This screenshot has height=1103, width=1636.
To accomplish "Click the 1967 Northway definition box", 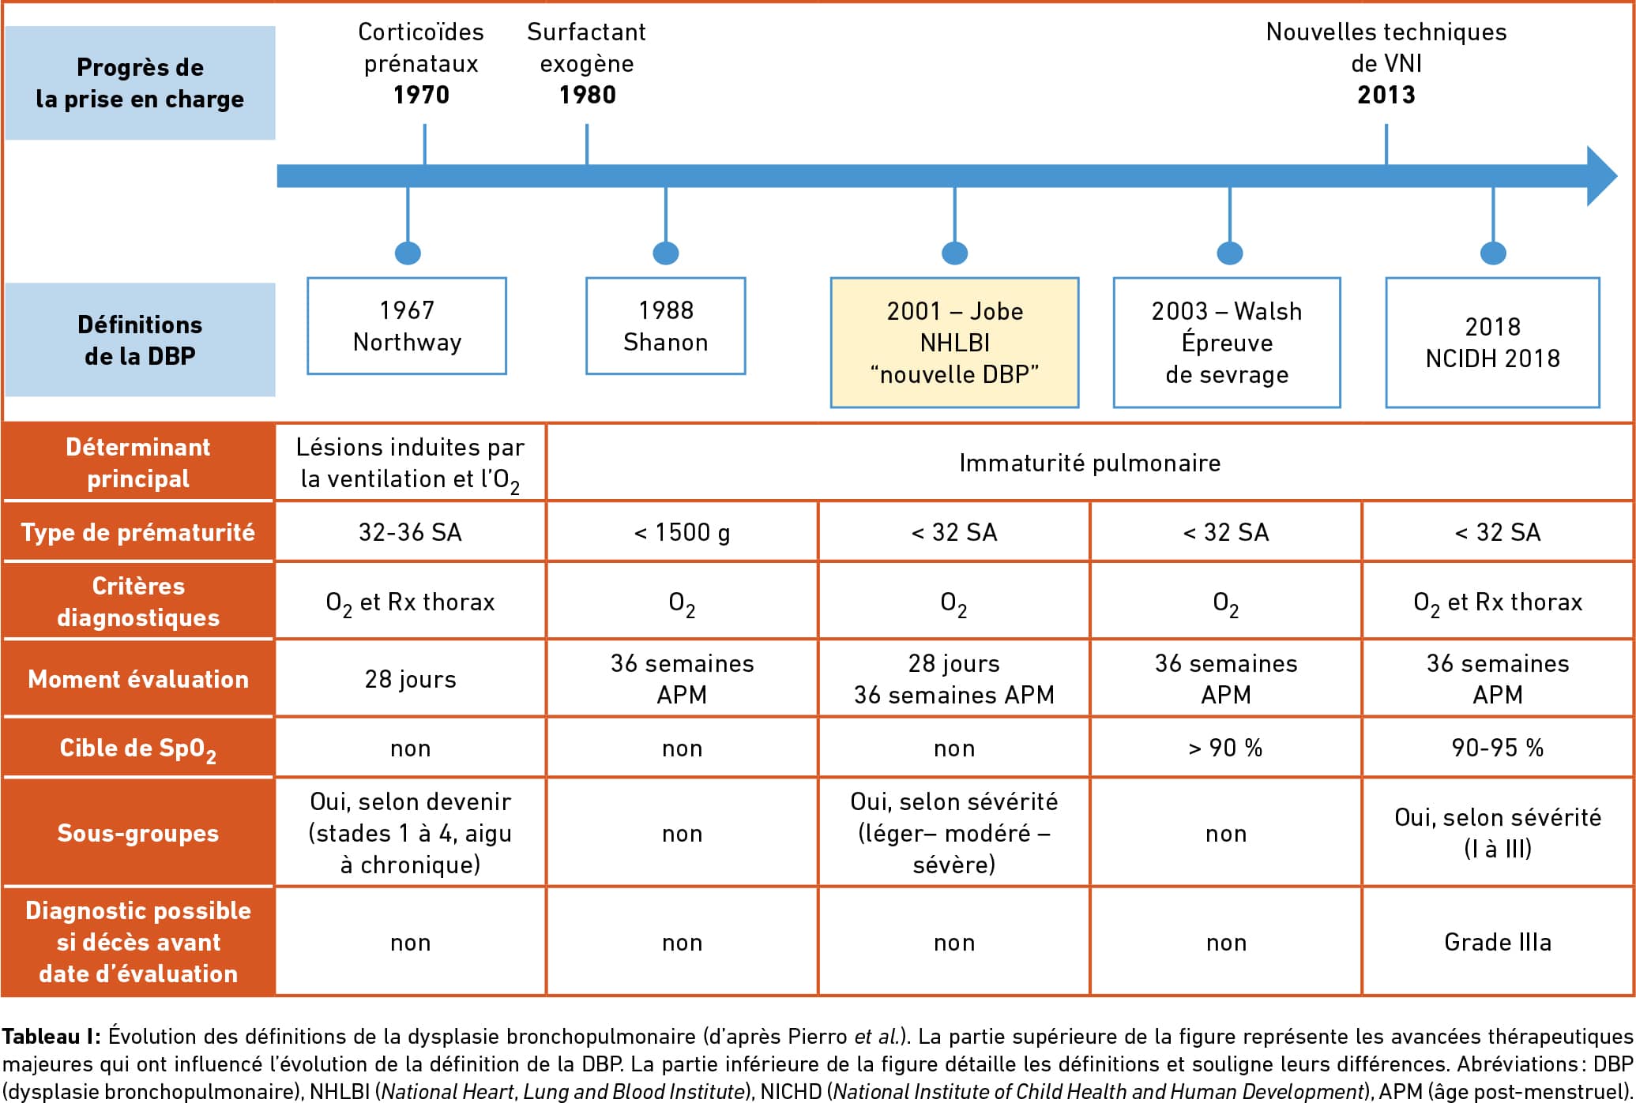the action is coord(407,326).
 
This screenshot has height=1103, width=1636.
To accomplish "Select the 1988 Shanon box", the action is coord(666,326).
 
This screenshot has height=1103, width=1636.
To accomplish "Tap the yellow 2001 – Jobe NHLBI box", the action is coord(954,343).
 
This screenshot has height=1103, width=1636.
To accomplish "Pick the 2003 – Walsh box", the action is coord(1227,343).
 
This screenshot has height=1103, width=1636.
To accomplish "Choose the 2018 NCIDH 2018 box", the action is coord(1493,343).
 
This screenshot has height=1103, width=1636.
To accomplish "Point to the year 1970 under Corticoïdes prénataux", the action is coord(422,95).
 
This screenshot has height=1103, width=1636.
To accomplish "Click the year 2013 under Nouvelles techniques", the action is coord(1386,95).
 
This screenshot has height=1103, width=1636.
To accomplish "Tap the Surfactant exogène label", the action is coord(587,47).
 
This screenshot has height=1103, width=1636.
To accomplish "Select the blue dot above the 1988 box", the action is coord(666,253).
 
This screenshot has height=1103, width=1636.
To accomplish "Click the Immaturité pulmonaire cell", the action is coord(1090,463).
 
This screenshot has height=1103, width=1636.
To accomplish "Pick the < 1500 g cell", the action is coord(683,533).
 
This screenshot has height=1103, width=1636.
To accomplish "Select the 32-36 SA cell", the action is coord(411,533).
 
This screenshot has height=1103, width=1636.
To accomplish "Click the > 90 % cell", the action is coord(1226,748).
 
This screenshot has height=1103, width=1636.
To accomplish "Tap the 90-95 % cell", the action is coord(1498,748).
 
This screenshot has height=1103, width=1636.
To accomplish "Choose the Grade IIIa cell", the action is coord(1498,942).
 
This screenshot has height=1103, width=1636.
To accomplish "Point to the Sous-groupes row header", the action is coord(138,833).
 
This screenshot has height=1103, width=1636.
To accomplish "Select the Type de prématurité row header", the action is coord(138,533).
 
